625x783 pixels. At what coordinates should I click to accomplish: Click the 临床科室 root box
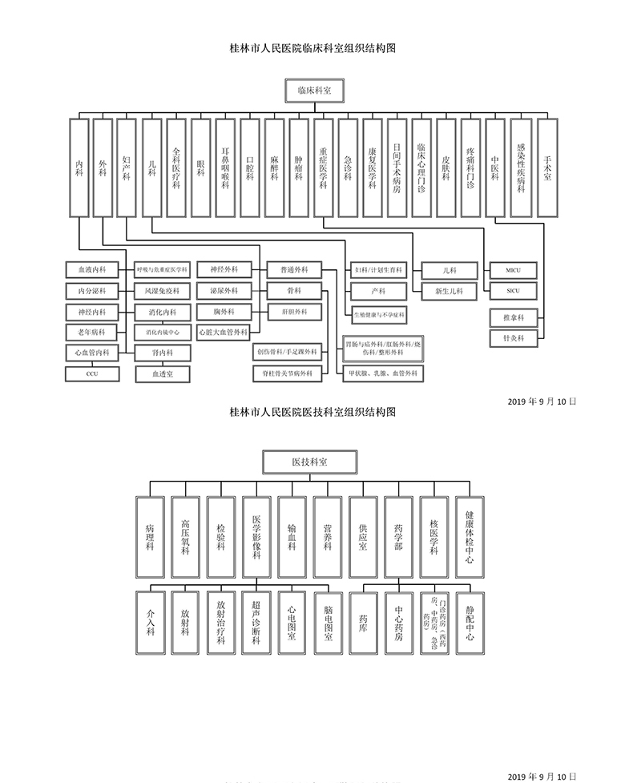pos(313,91)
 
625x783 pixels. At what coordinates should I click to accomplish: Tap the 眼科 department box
pos(201,167)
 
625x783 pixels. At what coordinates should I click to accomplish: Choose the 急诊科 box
pos(348,167)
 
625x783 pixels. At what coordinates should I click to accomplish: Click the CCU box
pos(91,373)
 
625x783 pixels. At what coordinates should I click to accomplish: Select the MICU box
pos(514,269)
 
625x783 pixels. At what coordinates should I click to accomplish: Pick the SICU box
pos(514,290)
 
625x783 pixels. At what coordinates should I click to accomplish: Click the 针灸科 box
pos(514,339)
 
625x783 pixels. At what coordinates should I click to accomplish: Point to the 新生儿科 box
pos(449,290)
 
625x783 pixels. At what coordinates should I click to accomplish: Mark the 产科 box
pos(378,290)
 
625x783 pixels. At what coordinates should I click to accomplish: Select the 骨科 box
pos(294,290)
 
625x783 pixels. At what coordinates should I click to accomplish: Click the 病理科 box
pos(150,536)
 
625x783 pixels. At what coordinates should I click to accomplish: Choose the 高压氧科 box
pos(185,536)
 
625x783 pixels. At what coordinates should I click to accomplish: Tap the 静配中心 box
pos(469,621)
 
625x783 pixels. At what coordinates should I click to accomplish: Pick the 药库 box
pos(363,621)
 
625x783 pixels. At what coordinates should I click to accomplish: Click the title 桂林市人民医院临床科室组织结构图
pos(312,48)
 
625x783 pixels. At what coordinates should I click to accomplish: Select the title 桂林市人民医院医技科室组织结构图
pos(312,413)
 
